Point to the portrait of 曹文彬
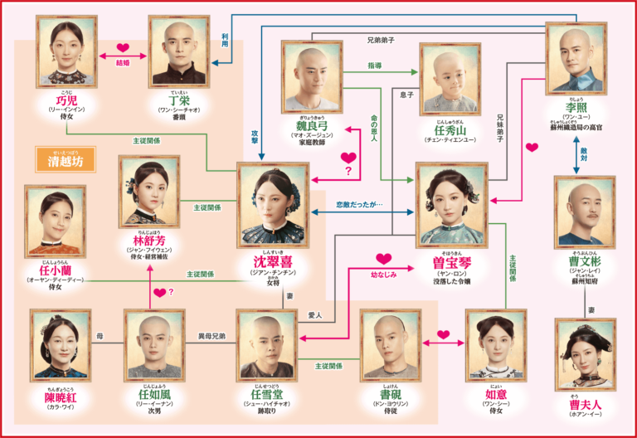585,212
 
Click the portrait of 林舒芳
149,192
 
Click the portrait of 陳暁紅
60,345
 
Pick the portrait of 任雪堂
267,345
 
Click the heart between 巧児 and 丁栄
124,47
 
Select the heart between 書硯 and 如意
443,335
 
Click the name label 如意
496,393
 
